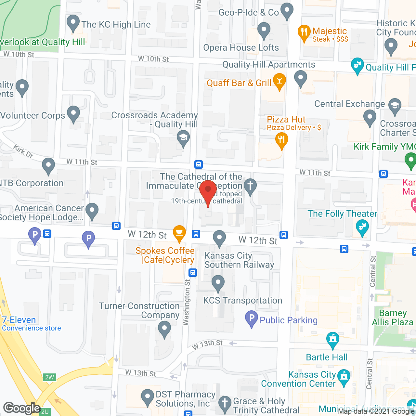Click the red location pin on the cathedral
(x=208, y=191)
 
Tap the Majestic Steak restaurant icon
(x=304, y=32)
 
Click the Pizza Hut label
(x=286, y=119)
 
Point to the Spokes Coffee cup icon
(x=179, y=233)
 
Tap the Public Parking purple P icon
(x=251, y=318)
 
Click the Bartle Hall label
(x=327, y=357)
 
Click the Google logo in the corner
(x=22, y=408)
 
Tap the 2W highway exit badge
(x=49, y=377)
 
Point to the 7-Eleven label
(x=19, y=320)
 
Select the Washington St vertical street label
(x=186, y=302)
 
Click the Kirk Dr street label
(x=23, y=151)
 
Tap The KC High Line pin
(x=73, y=23)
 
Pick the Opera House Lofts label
(x=241, y=47)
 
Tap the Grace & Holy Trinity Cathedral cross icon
(x=225, y=403)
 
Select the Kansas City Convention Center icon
(x=344, y=377)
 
